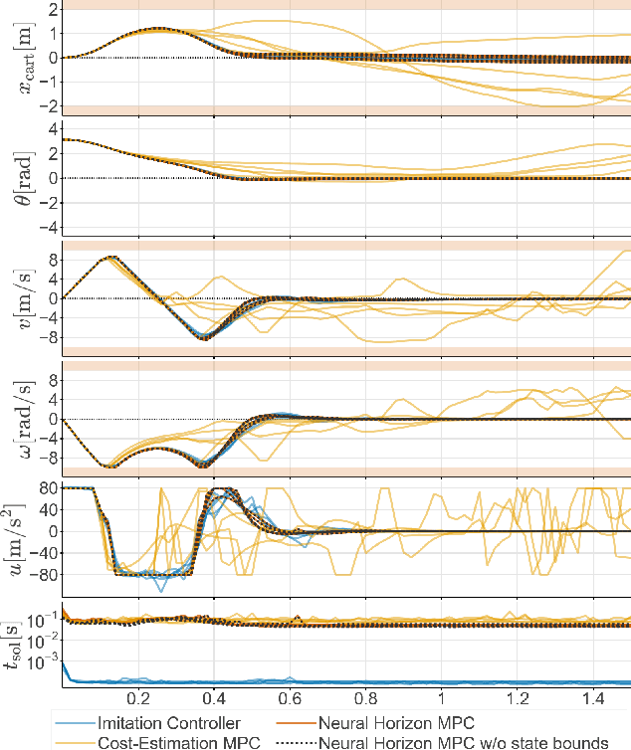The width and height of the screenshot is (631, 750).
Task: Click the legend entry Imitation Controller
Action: tap(169, 723)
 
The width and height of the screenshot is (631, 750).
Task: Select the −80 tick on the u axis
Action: tap(40, 574)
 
